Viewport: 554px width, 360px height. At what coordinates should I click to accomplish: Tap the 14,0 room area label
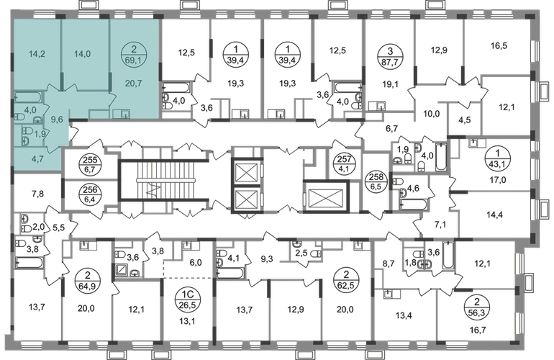click(81, 53)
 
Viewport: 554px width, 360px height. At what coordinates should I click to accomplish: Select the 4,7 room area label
click(36, 151)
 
